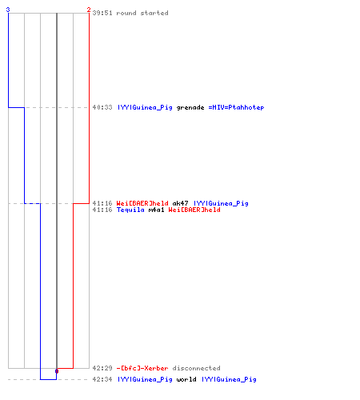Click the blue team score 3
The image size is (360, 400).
point(8,10)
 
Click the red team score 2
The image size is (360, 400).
point(89,10)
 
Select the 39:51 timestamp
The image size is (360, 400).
point(102,13)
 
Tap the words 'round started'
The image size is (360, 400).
point(142,13)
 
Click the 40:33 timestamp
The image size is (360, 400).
point(102,107)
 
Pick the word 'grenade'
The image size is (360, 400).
point(190,107)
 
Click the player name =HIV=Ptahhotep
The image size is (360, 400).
point(236,107)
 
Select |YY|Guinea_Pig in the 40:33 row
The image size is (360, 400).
point(145,107)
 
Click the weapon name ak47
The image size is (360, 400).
point(180,203)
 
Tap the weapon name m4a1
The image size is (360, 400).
point(156,210)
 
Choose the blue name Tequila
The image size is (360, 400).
point(130,210)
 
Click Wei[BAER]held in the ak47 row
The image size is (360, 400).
point(142,203)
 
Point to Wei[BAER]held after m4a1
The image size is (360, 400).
point(194,210)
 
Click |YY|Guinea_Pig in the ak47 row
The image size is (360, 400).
point(221,203)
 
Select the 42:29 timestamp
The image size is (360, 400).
point(102,368)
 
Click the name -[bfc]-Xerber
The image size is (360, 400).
point(142,368)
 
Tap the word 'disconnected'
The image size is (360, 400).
point(196,368)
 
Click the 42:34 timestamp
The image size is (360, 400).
point(102,379)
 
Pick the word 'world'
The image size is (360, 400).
point(186,379)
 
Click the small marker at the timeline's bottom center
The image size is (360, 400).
point(57,371)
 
